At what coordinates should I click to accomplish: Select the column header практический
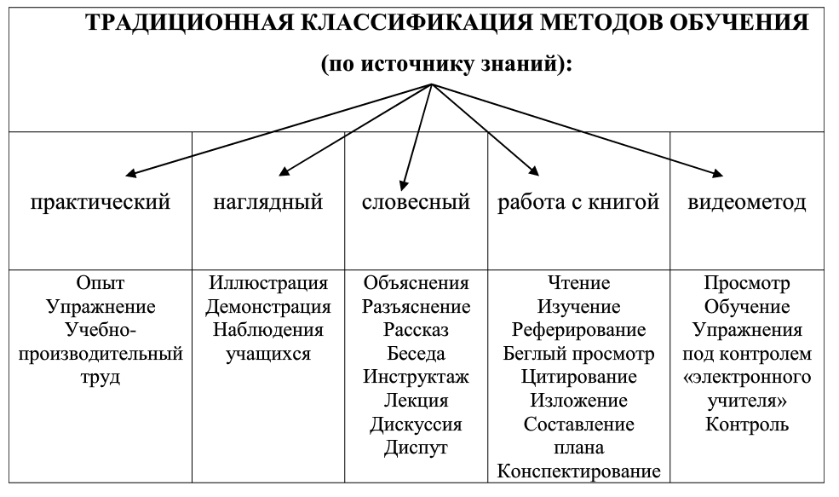[x=100, y=202]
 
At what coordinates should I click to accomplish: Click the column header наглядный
[x=268, y=202]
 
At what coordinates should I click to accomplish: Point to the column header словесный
[x=416, y=202]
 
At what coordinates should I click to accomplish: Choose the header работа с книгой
[x=578, y=202]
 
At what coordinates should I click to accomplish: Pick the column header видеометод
[x=746, y=202]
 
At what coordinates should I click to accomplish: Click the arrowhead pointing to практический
[x=130, y=173]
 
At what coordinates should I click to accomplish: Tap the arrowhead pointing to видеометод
[x=717, y=173]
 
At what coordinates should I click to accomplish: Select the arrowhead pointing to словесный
[x=404, y=185]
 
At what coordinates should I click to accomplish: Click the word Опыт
[x=100, y=283]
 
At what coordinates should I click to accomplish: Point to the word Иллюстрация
[x=268, y=283]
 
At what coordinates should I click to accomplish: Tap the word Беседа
[x=416, y=354]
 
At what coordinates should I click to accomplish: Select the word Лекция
[x=416, y=401]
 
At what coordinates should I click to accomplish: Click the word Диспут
[x=416, y=448]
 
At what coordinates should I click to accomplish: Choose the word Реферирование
[x=578, y=330]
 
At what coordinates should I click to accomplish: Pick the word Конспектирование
[x=578, y=471]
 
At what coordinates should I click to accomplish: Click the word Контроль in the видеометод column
[x=746, y=425]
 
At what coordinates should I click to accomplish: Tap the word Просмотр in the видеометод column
[x=746, y=283]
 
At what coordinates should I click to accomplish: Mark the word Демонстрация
[x=268, y=306]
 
